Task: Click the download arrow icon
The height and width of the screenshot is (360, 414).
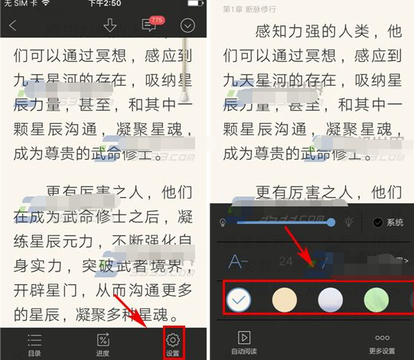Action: coord(110,25)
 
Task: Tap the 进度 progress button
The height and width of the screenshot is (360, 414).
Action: coord(103,344)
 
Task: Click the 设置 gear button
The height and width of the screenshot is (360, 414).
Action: coord(172,344)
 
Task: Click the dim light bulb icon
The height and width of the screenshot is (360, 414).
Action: coord(223,222)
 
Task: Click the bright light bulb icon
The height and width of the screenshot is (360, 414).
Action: coord(348,222)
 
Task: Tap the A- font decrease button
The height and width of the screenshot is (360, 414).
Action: coord(239,262)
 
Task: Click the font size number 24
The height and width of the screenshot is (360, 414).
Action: coord(285,262)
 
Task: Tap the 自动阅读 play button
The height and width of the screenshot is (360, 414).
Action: coord(243,342)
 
